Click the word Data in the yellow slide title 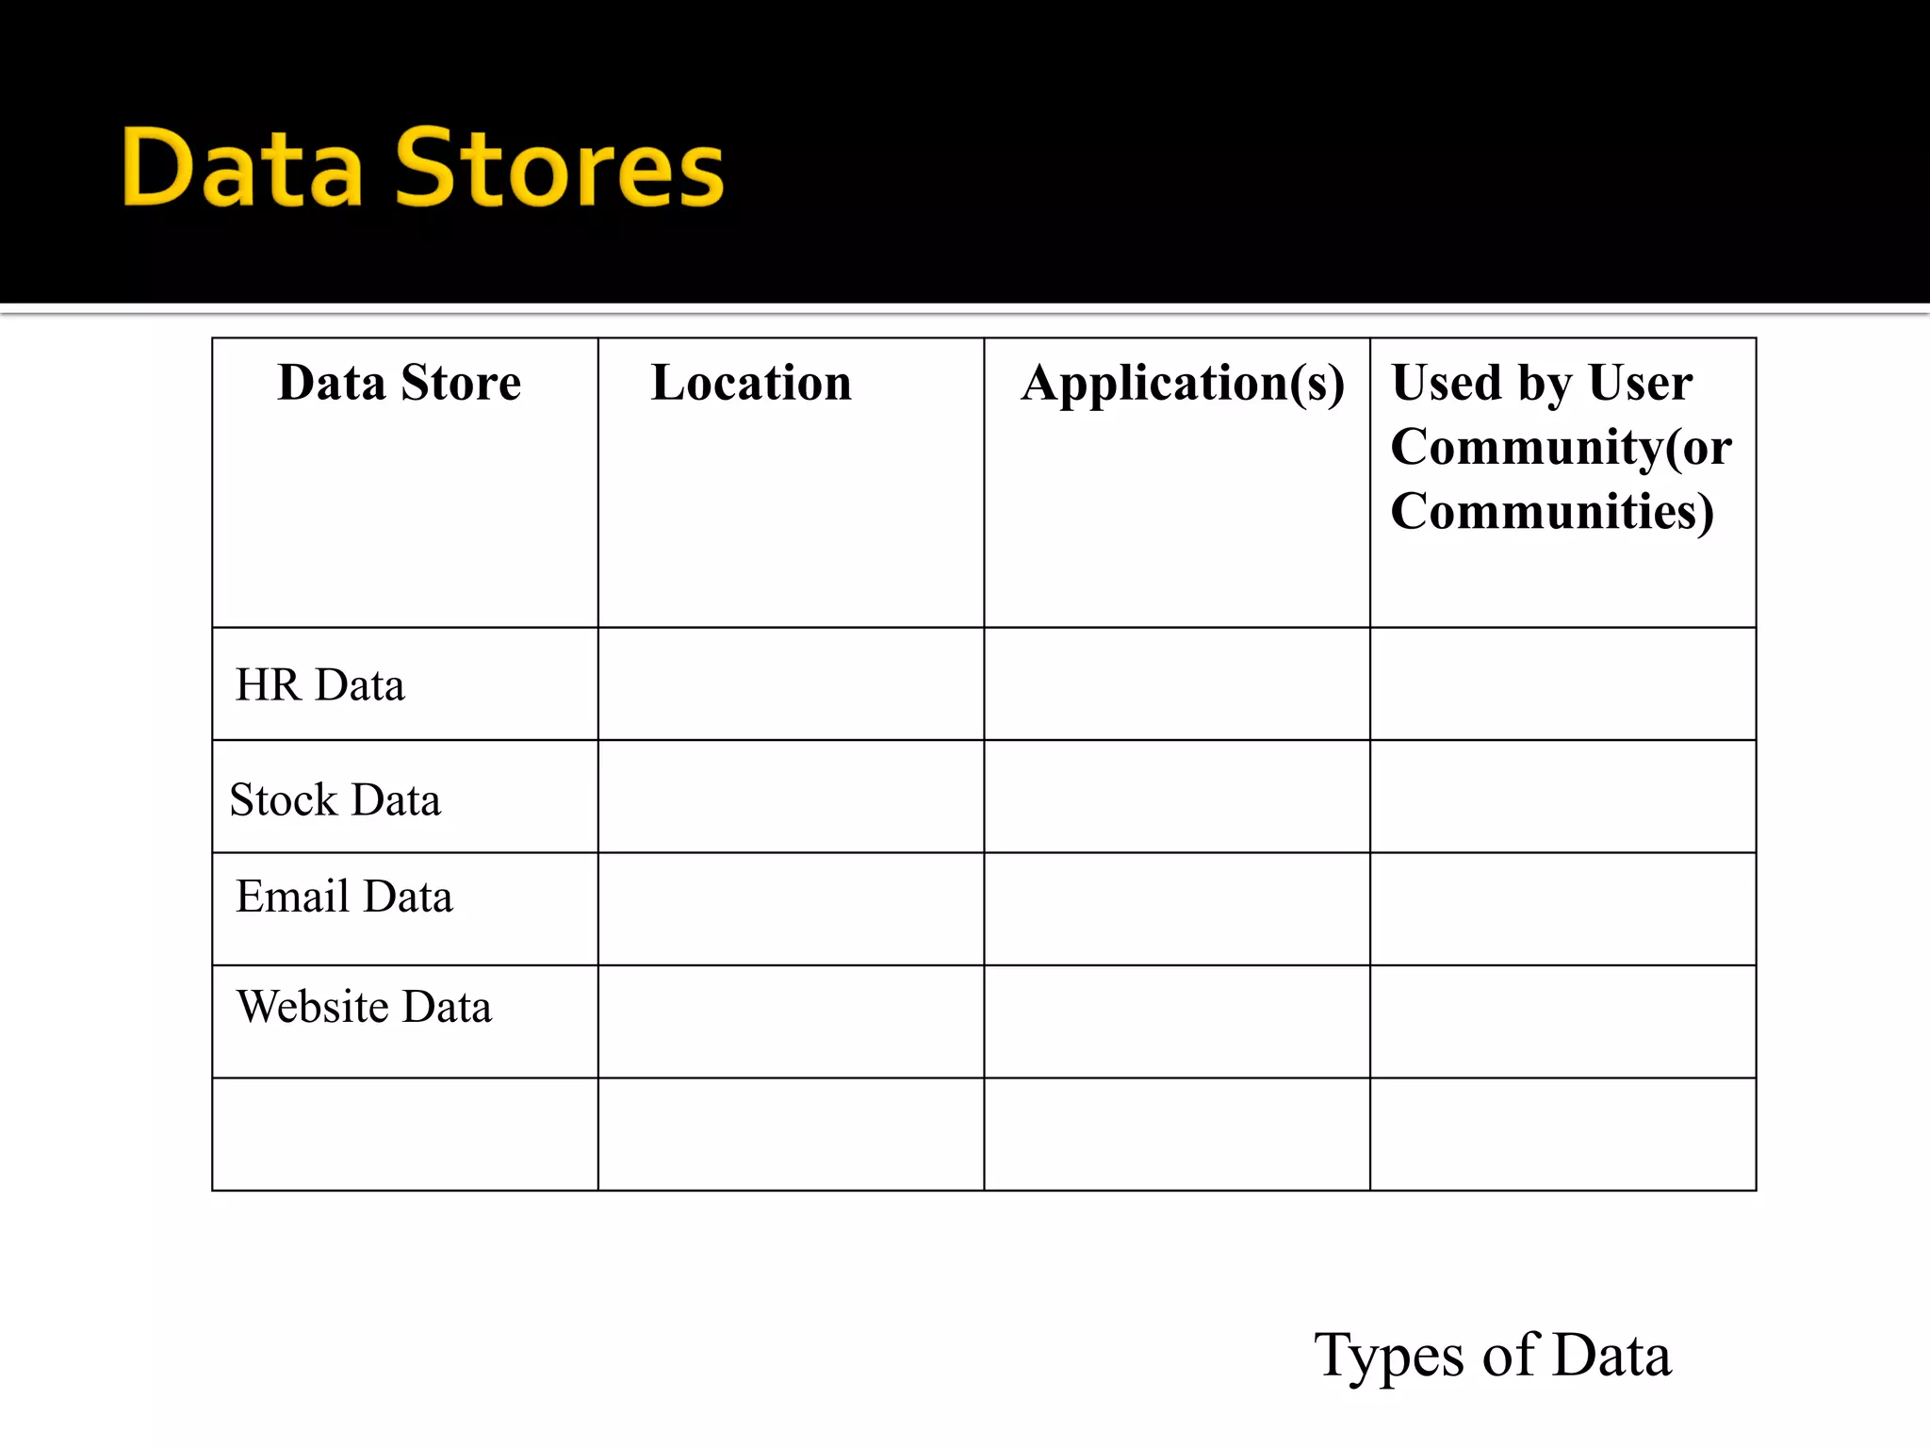click(x=242, y=170)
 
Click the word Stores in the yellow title click(x=560, y=170)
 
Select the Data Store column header click(x=399, y=383)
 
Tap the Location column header click(x=751, y=383)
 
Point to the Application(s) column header click(x=1183, y=384)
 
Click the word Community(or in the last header click(x=1561, y=447)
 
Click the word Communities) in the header click(x=1551, y=511)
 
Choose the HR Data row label click(x=319, y=685)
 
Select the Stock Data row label click(x=335, y=800)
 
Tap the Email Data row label click(x=344, y=897)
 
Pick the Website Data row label click(x=364, y=1007)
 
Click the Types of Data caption click(x=1493, y=1356)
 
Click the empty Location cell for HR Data click(x=791, y=683)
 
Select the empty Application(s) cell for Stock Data click(x=1176, y=797)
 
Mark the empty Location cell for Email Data click(x=791, y=909)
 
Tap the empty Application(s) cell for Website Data click(x=1176, y=1022)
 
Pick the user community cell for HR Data click(x=1562, y=683)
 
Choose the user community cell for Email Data click(x=1562, y=909)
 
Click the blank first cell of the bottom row click(x=405, y=1134)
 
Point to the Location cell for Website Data click(x=791, y=1022)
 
